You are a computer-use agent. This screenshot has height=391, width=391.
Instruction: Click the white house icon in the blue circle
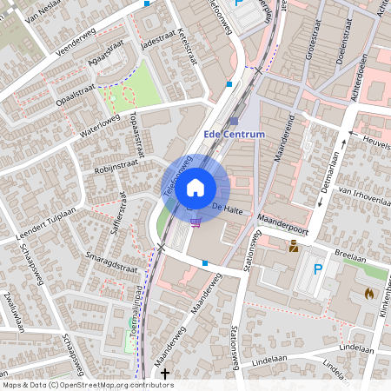point(195,187)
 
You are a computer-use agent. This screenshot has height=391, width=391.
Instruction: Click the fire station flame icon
point(369,294)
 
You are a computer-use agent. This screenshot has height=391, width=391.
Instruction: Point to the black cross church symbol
point(165,373)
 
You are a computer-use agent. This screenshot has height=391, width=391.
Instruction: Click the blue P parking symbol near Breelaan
point(318,270)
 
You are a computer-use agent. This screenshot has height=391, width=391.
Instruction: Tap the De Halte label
point(226,209)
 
